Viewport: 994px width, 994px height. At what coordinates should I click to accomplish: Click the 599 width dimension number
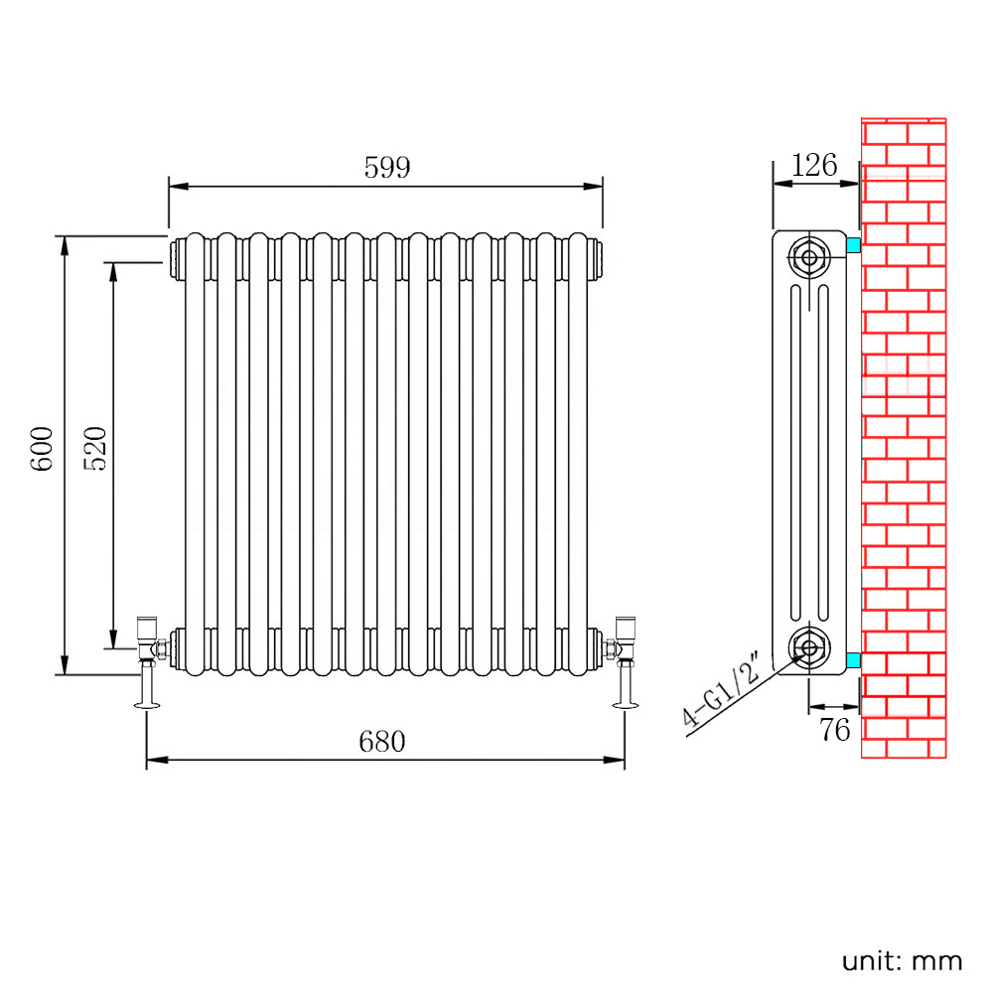tap(387, 168)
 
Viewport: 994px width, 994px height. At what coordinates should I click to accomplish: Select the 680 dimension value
tap(381, 741)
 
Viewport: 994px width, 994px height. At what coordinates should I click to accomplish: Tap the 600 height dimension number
tap(43, 448)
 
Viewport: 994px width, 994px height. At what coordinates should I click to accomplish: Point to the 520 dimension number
tap(95, 448)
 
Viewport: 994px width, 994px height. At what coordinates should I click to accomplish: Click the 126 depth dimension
tap(814, 166)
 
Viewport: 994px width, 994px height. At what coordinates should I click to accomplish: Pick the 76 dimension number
tap(835, 730)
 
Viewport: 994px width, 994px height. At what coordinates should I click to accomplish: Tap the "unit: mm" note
tap(902, 961)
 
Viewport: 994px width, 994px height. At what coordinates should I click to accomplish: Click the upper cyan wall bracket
tap(853, 245)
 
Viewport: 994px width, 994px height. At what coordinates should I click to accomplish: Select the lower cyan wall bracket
tap(853, 660)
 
